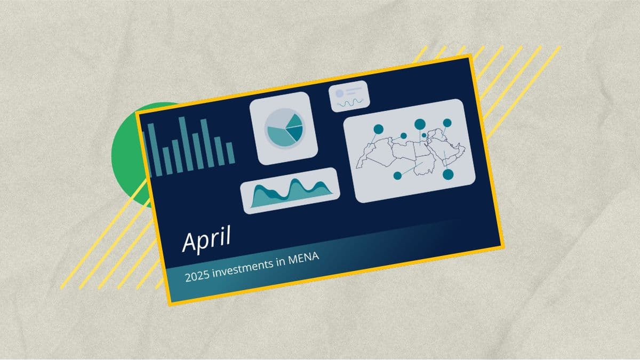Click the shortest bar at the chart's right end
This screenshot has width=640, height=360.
tap(230, 153)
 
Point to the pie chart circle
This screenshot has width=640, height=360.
tap(285, 129)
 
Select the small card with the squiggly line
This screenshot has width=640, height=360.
tap(349, 96)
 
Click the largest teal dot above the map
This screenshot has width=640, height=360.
tap(420, 124)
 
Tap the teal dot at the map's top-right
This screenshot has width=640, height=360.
tap(447, 123)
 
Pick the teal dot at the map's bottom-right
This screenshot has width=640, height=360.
tap(448, 174)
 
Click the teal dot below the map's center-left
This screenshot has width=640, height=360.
tap(397, 175)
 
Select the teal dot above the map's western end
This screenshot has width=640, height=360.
tap(378, 129)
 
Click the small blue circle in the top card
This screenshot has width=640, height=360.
tap(339, 93)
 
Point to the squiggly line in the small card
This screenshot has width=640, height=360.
tap(350, 103)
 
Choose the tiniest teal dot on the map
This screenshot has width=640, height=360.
tap(424, 135)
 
